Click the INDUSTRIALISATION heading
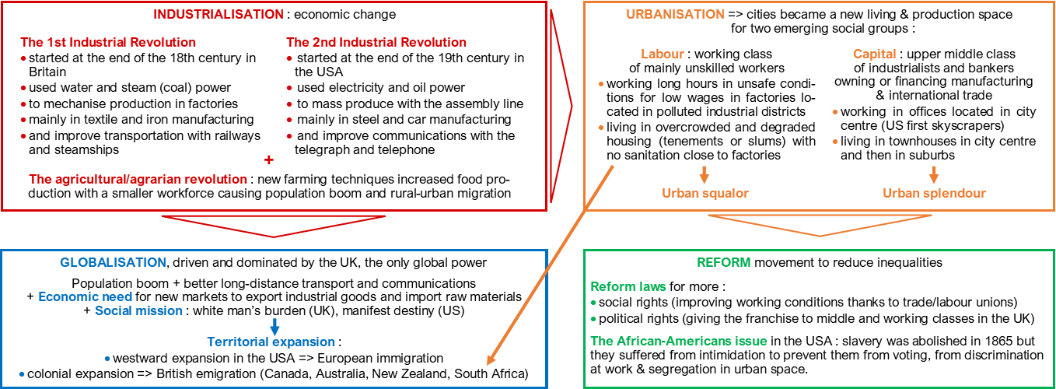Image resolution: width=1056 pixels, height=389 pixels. click(219, 14)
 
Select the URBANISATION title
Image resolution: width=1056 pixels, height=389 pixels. click(675, 14)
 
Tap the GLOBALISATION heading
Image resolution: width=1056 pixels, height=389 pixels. click(113, 262)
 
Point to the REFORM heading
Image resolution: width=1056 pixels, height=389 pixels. click(723, 262)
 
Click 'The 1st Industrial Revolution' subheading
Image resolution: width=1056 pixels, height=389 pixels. click(108, 42)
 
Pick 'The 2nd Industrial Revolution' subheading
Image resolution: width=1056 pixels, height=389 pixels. click(376, 42)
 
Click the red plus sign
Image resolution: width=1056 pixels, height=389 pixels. click(269, 159)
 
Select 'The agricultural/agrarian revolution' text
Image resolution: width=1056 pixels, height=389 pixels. click(138, 179)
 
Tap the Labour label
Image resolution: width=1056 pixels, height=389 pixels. click(663, 54)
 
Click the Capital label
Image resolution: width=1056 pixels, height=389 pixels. click(874, 54)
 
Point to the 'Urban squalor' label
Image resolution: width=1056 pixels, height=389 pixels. click(705, 193)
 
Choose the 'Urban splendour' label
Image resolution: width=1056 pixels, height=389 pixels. click(933, 193)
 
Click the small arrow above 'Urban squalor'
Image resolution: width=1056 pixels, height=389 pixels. click(705, 173)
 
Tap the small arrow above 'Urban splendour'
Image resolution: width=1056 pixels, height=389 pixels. click(934, 173)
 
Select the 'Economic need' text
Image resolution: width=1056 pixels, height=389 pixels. click(86, 296)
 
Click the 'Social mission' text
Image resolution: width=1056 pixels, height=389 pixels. click(138, 310)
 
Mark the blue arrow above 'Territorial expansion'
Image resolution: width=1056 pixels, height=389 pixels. click(274, 327)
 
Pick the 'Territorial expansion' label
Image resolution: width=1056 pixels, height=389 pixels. click(271, 342)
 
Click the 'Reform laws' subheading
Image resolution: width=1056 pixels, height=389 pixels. click(628, 286)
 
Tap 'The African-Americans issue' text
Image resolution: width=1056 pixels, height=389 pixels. click(679, 341)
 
